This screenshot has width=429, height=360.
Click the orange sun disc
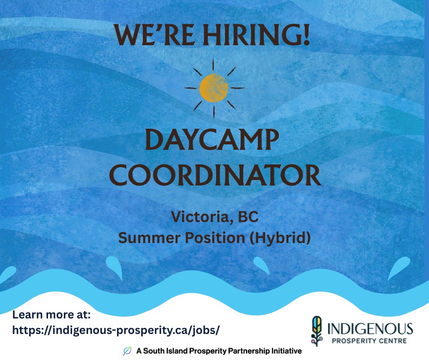[x=214, y=88]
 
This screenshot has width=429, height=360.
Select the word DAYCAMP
[x=212, y=140]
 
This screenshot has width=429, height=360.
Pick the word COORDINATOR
[x=215, y=175]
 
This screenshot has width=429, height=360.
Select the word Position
[x=215, y=238]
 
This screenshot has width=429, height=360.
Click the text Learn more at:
[x=52, y=314]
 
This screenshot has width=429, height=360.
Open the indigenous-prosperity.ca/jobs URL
[x=116, y=330]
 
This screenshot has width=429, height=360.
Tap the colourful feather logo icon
[x=317, y=331]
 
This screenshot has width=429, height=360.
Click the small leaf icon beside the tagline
[x=127, y=351]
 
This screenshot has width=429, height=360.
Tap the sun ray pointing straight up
[x=213, y=65]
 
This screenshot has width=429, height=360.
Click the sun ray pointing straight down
[x=214, y=112]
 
